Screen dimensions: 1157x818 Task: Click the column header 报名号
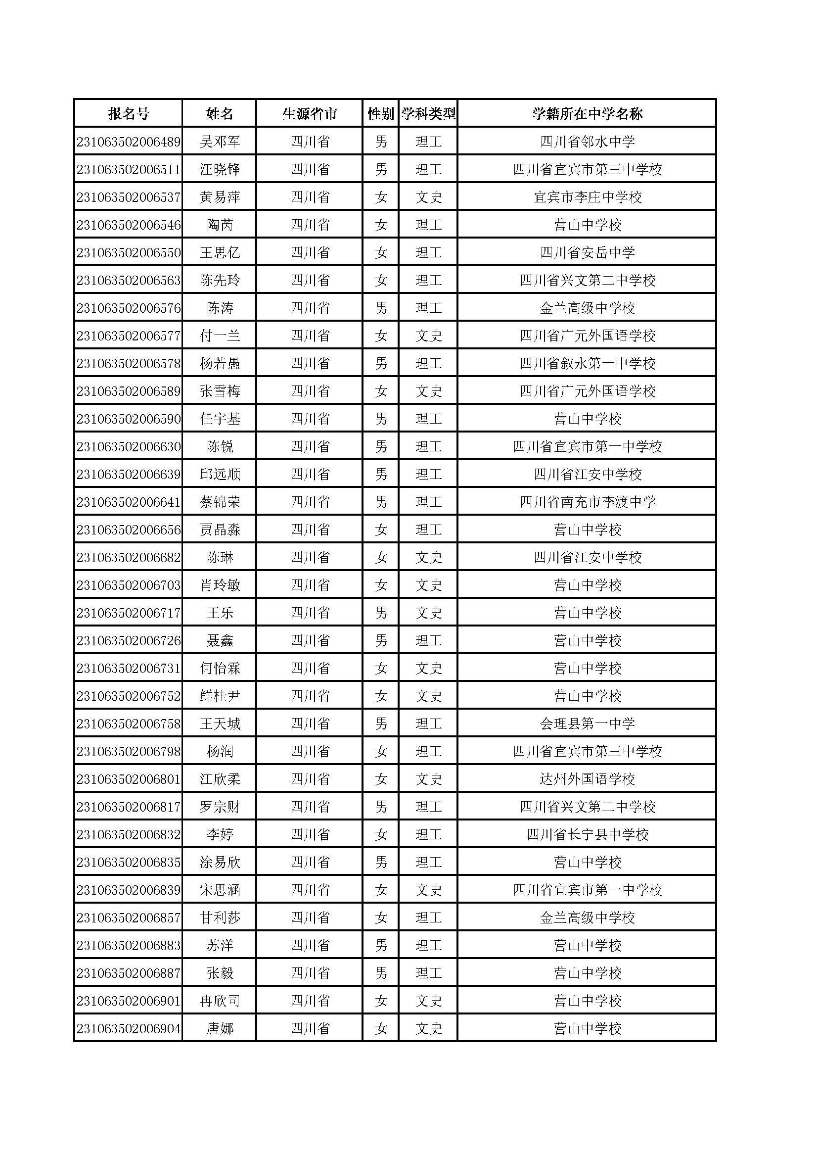coord(129,114)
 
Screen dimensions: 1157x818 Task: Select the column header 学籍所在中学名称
coord(588,114)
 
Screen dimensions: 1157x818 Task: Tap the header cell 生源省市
coord(310,114)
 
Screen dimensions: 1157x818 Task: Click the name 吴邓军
coord(220,142)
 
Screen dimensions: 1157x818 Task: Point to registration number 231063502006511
coord(129,169)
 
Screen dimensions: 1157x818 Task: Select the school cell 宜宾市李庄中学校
coord(588,197)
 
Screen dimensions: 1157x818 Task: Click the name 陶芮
coord(220,225)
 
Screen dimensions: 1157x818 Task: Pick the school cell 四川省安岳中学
coord(588,252)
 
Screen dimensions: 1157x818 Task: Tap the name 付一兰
coord(220,336)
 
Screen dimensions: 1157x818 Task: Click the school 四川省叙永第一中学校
coord(588,363)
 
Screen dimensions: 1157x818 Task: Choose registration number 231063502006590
coord(129,419)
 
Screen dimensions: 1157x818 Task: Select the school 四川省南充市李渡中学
coord(588,502)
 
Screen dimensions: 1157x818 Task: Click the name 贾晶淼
coord(220,530)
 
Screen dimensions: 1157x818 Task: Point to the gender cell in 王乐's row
coord(381,613)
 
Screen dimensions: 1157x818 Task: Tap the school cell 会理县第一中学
coord(588,723)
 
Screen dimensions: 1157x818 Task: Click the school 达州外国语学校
coord(588,779)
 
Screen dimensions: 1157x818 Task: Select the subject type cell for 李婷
coord(428,834)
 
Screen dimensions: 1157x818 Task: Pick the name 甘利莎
coord(220,917)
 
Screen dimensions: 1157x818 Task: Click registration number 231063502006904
coord(129,1028)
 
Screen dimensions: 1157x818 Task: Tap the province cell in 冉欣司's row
coord(310,1001)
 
